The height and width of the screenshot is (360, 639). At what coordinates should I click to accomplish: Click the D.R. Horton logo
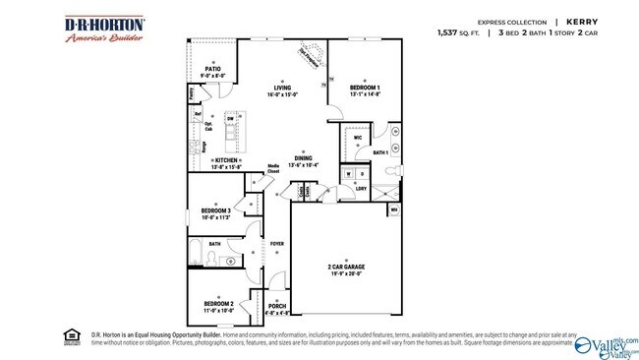click(x=105, y=30)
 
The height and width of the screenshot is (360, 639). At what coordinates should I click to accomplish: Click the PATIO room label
click(x=212, y=69)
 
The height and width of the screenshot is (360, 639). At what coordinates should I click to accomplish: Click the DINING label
click(x=303, y=157)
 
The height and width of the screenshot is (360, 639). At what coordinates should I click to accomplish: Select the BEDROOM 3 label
click(x=215, y=210)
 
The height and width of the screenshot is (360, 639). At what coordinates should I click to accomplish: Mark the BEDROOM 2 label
click(x=218, y=303)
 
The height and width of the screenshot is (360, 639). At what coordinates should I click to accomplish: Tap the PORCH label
click(x=277, y=306)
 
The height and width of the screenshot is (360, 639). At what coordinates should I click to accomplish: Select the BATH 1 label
click(x=379, y=152)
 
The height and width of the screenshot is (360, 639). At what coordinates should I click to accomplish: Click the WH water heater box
click(x=394, y=209)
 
